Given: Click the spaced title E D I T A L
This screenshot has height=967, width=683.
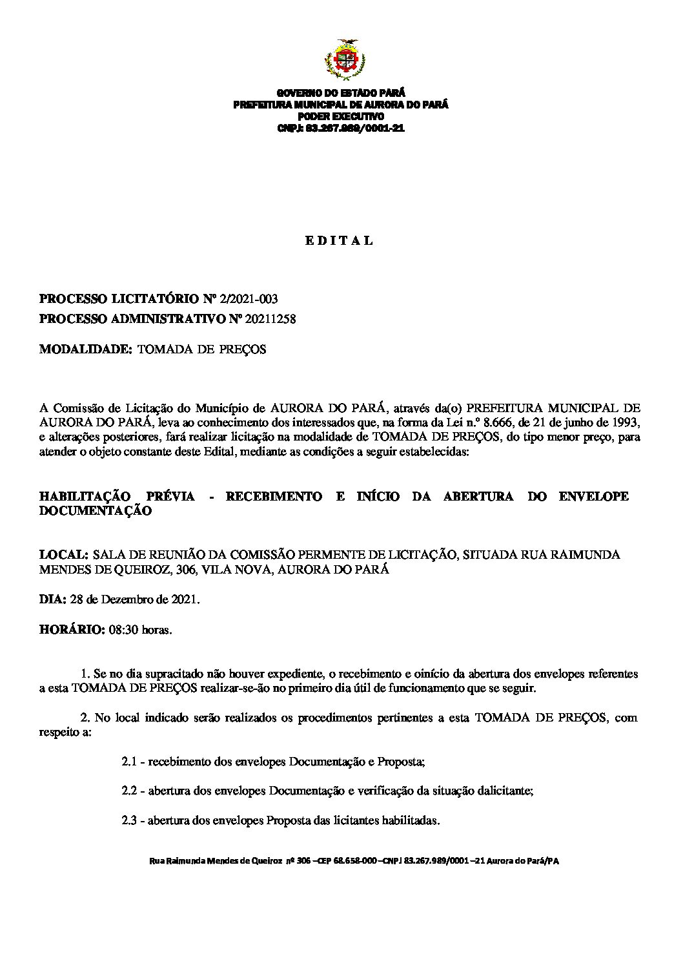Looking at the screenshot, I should tap(340, 241).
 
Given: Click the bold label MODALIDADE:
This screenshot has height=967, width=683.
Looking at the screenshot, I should tap(86, 349).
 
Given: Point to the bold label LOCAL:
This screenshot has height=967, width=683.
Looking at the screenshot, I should tap(63, 555).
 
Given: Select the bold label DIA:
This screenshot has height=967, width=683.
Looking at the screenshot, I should tap(52, 599).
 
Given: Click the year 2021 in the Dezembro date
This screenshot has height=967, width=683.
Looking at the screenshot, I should tap(185, 599).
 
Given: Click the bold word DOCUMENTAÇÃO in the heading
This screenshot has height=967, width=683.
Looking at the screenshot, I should tap(96, 511).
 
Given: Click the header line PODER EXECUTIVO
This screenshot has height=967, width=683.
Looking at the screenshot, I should tap(340, 116).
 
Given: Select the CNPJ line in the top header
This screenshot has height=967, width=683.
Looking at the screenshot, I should tap(340, 128).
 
